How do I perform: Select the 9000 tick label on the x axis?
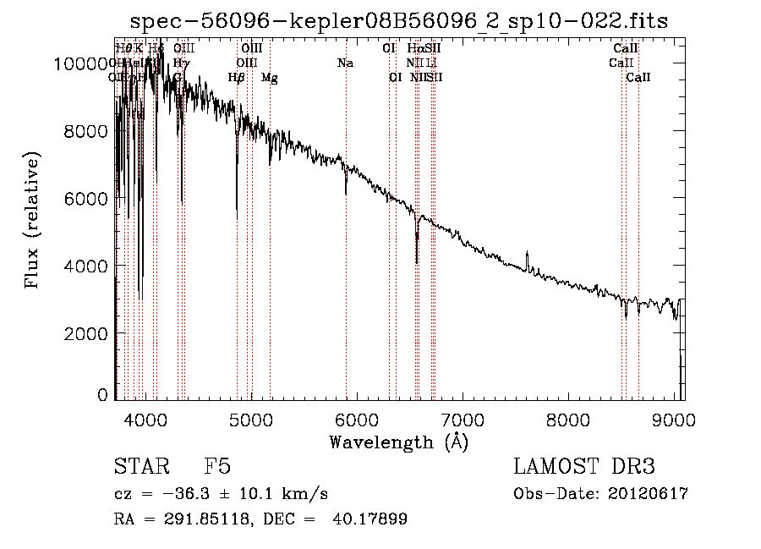click(x=674, y=420)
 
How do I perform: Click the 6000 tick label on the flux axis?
click(x=86, y=198)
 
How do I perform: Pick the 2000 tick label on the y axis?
click(x=86, y=333)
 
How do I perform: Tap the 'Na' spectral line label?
click(x=345, y=63)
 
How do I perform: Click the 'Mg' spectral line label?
click(x=269, y=78)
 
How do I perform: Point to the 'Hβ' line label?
click(x=237, y=78)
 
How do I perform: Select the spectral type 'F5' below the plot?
click(x=217, y=468)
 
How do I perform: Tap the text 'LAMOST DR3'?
click(x=584, y=468)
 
